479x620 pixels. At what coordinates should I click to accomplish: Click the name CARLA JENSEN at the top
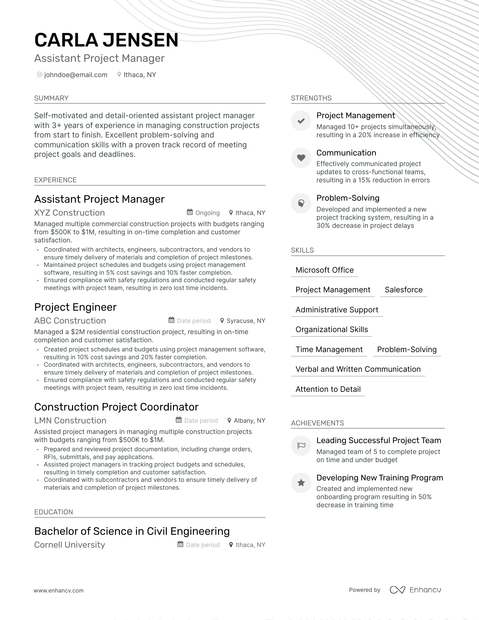pyautogui.click(x=106, y=40)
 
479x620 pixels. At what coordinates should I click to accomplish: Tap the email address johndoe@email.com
pyautogui.click(x=76, y=75)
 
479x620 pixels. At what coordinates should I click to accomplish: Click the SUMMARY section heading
pyautogui.click(x=51, y=98)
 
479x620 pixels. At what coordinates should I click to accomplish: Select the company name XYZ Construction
pyautogui.click(x=69, y=213)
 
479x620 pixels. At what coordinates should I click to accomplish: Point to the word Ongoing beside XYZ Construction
pyautogui.click(x=207, y=213)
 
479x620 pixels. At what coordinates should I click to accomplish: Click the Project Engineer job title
pyautogui.click(x=75, y=307)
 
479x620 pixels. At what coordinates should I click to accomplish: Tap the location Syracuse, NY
pyautogui.click(x=246, y=321)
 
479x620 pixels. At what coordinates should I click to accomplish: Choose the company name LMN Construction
pyautogui.click(x=70, y=421)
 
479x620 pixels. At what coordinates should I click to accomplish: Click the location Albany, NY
pyautogui.click(x=249, y=421)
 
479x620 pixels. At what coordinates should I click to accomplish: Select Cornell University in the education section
pyautogui.click(x=70, y=545)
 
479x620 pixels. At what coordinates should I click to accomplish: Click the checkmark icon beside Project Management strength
pyautogui.click(x=301, y=121)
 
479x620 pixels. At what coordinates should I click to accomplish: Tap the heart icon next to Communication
pyautogui.click(x=301, y=158)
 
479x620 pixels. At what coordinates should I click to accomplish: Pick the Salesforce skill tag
pyautogui.click(x=404, y=290)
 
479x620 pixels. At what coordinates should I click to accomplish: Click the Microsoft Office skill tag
pyautogui.click(x=324, y=270)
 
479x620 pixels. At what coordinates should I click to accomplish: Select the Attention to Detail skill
pyautogui.click(x=328, y=389)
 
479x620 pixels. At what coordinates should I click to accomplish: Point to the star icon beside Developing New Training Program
pyautogui.click(x=301, y=483)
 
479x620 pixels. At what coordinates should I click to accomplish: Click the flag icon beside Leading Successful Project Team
pyautogui.click(x=301, y=445)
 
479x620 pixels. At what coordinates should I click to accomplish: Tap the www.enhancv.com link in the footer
pyautogui.click(x=58, y=590)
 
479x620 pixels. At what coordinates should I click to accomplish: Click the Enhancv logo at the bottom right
pyautogui.click(x=415, y=590)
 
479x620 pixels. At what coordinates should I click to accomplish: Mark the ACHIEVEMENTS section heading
pyautogui.click(x=317, y=423)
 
